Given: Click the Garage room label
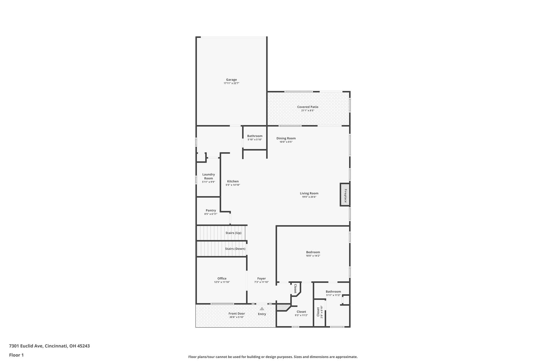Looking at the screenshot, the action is (231, 80).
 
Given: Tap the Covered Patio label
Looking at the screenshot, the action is (308, 107).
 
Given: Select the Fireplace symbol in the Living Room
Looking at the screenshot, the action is (345, 195).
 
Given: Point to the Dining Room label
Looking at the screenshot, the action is (286, 138).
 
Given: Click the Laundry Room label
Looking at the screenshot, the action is (208, 176).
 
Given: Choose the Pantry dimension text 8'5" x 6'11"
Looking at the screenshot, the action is (211, 214).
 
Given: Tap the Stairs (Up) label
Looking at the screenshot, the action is (233, 233).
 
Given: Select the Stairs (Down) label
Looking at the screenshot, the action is (235, 249).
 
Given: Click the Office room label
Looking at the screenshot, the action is (222, 279).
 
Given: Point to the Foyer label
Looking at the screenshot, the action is (262, 279).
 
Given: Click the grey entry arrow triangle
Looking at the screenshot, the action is (262, 309).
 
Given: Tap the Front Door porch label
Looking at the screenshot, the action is (237, 314).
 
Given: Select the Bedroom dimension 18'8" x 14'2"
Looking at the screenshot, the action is (313, 256).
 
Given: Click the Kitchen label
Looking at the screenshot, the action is (233, 181).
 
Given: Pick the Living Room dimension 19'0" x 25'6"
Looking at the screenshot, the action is (309, 197).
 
